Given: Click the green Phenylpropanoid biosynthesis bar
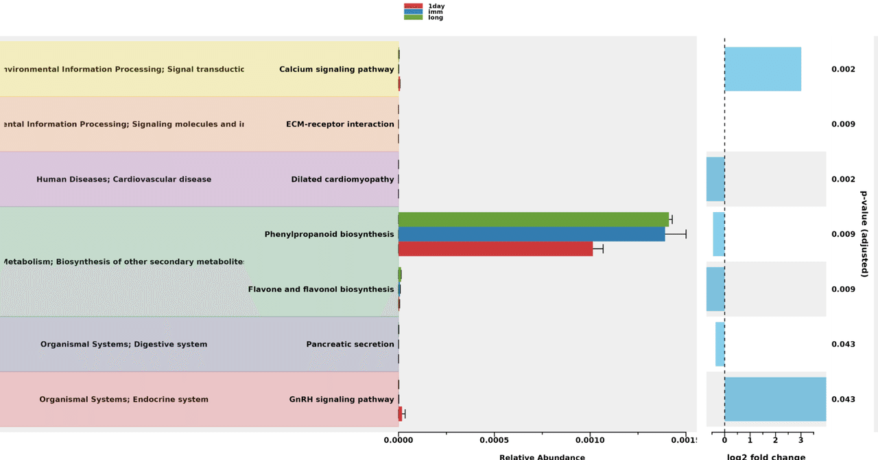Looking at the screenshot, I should click(x=533, y=220).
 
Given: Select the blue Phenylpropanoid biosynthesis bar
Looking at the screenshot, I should click(x=532, y=234).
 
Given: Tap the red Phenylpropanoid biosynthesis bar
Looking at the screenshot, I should click(x=495, y=249).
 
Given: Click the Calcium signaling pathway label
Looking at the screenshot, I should click(x=336, y=69).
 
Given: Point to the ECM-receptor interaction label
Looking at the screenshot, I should click(x=340, y=124).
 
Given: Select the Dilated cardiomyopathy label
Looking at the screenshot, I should click(x=342, y=179).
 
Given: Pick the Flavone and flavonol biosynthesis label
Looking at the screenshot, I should click(x=321, y=289).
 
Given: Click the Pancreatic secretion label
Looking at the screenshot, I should click(x=350, y=344).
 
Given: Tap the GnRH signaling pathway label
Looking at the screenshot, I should click(x=342, y=399).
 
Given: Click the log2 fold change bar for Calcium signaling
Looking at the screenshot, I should click(x=763, y=69).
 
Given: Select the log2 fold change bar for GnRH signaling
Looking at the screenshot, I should click(x=775, y=399).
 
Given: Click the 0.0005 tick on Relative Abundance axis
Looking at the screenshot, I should click(x=494, y=439).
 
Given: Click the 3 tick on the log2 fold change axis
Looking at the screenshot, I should click(x=800, y=439).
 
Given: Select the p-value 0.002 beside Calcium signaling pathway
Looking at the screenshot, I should click(x=843, y=69).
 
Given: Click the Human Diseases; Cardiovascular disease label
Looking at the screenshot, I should click(x=124, y=179).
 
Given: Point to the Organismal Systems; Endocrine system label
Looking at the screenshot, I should click(x=124, y=399).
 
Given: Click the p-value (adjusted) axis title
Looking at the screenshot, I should click(x=864, y=234).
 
